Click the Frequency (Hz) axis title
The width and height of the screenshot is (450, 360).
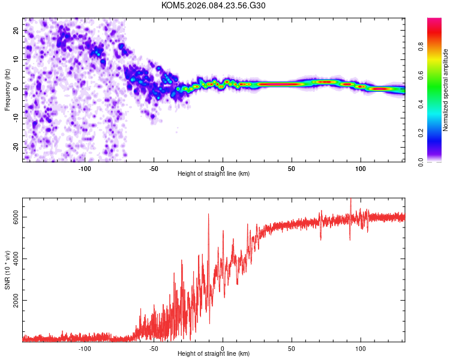pyautogui.click(x=8, y=89)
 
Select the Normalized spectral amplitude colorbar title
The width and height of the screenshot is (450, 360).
pyautogui.click(x=446, y=90)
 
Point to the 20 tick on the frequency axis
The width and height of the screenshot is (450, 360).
pyautogui.click(x=17, y=30)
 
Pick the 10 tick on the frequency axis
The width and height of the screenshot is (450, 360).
pyautogui.click(x=17, y=59)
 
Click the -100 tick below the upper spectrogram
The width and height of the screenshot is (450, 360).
pyautogui.click(x=85, y=168)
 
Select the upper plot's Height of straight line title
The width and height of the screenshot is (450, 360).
pyautogui.click(x=214, y=174)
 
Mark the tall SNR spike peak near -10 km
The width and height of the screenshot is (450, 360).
pyautogui.click(x=209, y=214)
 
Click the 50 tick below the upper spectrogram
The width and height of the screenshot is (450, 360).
pyautogui.click(x=292, y=168)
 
